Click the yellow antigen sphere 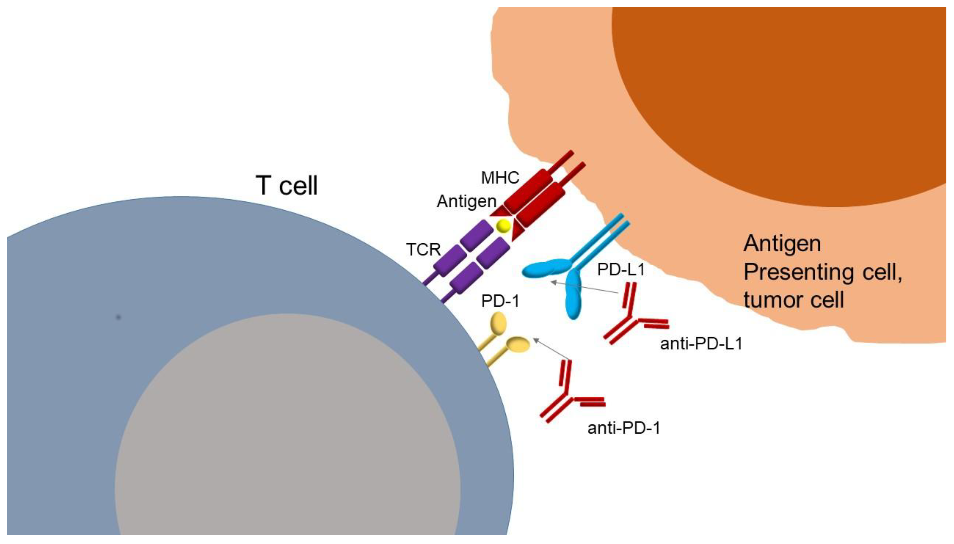[x=503, y=225]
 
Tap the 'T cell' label [x=286, y=185]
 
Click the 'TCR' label [x=423, y=249]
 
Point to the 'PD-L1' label [x=621, y=269]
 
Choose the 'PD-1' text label [x=500, y=301]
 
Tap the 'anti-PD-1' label [x=623, y=428]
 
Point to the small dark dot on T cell [x=118, y=317]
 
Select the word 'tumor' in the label [x=772, y=300]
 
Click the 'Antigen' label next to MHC [x=466, y=201]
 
